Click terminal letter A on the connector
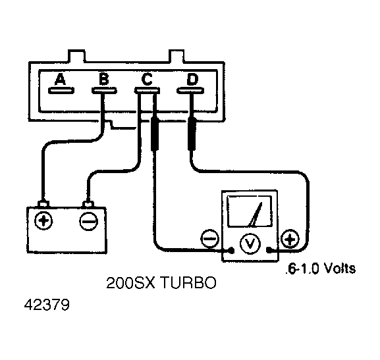coord(60,79)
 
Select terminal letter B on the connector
coord(104,79)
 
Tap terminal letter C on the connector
coord(147,79)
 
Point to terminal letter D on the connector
coord(192,79)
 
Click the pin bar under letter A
coord(61,91)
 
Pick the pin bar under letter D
coord(190,91)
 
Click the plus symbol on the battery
coord(43,220)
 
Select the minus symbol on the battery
coord(89,221)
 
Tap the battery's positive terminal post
coord(43,204)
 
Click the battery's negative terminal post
coord(88,204)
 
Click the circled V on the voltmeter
coord(250,244)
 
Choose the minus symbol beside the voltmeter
coord(210,238)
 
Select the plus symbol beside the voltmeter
coord(290,239)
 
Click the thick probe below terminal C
coord(155,134)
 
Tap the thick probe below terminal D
coord(192,134)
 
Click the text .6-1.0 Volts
coord(320,269)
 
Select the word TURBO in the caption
coord(188,282)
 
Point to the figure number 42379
coord(47,305)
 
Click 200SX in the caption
coord(130,282)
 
